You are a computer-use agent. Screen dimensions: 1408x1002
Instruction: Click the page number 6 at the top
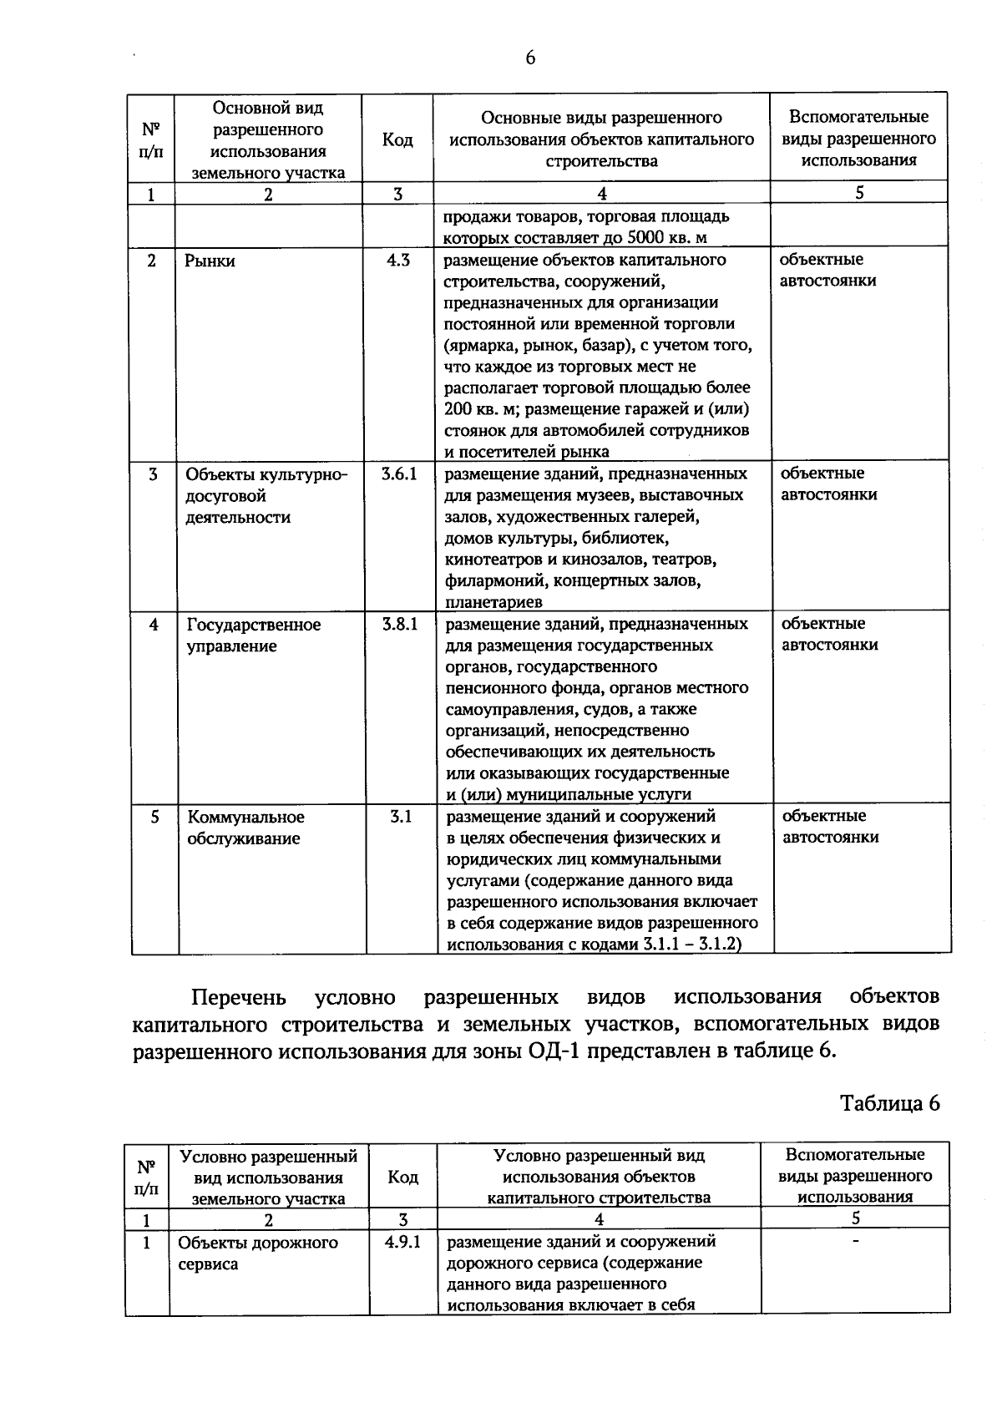point(529,58)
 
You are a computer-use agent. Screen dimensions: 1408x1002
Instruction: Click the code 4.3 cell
point(397,260)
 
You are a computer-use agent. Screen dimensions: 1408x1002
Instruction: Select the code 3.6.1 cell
point(399,474)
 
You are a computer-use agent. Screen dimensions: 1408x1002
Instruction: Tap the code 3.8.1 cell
point(400,624)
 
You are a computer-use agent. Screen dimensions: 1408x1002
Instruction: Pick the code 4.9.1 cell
point(402,1242)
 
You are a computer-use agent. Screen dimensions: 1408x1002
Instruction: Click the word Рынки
point(210,261)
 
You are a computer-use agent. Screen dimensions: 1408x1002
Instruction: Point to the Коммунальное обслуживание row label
point(245,828)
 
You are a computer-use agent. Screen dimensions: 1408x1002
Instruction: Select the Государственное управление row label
point(253,636)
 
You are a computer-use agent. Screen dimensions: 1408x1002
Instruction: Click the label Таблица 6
point(889,1103)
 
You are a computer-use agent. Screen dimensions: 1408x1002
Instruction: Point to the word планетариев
point(493,601)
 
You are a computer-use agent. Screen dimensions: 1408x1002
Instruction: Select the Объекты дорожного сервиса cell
point(258,1253)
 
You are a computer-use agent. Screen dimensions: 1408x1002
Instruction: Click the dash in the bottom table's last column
point(855,1243)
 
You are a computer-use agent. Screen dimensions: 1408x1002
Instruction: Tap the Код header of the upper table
point(397,139)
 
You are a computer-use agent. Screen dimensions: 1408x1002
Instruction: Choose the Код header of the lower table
point(402,1177)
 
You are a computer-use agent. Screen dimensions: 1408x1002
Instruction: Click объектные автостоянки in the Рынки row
point(828,270)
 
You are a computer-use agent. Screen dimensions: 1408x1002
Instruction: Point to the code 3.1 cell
point(401,817)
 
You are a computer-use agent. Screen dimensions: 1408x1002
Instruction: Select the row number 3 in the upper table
point(153,474)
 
